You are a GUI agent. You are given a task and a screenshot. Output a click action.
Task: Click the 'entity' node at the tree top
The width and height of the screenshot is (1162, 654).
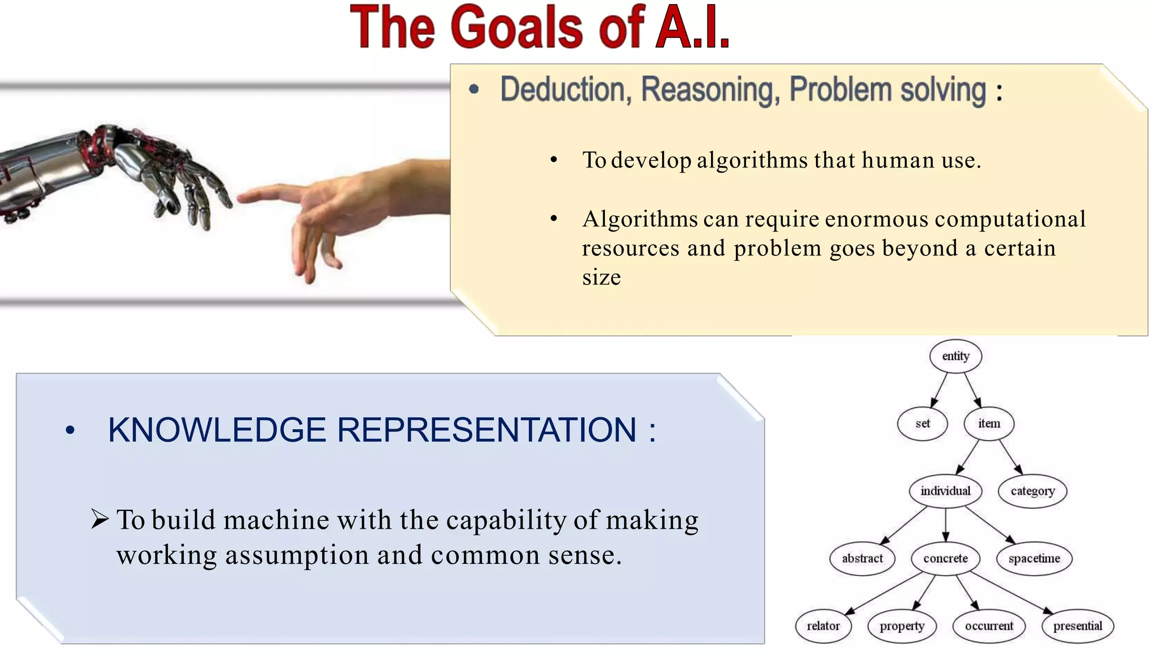coord(955,356)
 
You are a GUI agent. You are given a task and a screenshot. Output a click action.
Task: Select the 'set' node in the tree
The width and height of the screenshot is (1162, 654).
coord(922,424)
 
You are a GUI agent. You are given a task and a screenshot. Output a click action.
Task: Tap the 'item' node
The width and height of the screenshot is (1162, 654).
coord(988,424)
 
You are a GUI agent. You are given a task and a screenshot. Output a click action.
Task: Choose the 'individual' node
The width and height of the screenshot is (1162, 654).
coord(945,491)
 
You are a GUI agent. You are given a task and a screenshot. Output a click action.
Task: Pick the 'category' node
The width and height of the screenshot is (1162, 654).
coord(1032,491)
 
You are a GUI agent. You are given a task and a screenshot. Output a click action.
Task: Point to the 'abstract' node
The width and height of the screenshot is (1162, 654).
coord(862,559)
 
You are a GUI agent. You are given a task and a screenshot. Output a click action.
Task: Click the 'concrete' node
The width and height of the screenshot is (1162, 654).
coord(945,559)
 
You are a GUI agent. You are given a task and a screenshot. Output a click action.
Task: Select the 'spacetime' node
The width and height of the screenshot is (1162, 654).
coord(1034,559)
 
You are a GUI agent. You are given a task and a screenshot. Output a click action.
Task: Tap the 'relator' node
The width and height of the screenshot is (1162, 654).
coord(823,626)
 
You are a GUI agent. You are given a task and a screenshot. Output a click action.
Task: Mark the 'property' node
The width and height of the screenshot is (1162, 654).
coord(902,626)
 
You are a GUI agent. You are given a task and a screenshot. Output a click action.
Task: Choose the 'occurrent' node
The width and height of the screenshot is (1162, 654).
coord(989,626)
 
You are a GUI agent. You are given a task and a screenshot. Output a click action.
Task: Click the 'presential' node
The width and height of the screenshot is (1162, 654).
coord(1077,626)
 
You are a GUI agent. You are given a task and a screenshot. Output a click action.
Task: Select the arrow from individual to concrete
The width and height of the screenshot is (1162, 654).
coord(945,525)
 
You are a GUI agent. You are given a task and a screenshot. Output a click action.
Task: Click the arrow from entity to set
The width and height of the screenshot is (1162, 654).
coord(939,390)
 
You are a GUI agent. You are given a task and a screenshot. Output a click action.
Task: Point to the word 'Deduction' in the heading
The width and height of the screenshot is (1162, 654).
coord(562,90)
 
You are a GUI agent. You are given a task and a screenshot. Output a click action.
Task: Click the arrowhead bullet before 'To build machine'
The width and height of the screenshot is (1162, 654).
coord(99,519)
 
